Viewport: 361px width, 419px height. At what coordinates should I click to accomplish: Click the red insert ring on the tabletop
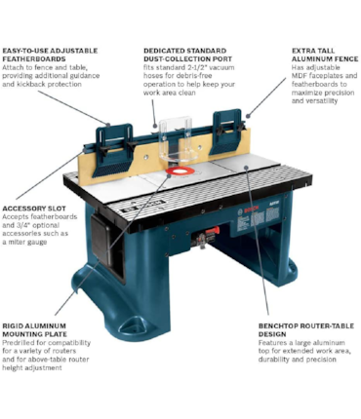point(180,171)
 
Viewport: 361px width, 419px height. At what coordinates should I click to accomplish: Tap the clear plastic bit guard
point(178,139)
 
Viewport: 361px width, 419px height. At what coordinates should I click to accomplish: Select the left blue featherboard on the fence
point(115,150)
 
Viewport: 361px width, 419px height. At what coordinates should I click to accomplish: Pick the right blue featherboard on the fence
point(226,132)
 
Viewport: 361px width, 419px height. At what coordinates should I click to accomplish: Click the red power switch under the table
point(212,232)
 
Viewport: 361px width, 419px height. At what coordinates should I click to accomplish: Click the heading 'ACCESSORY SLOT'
point(34,209)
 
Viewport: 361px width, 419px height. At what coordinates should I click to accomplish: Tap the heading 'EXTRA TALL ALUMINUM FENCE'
point(325,55)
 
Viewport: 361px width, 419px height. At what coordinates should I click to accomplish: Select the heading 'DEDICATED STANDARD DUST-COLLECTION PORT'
point(187,55)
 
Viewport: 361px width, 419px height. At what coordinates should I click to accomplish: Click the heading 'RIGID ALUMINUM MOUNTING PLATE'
point(34,330)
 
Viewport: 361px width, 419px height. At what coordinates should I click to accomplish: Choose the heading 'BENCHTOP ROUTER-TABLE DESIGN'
point(306,330)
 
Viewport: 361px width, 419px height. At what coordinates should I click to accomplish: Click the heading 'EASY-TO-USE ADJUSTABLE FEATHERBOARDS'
point(50,55)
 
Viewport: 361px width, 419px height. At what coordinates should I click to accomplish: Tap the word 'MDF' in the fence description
point(300,76)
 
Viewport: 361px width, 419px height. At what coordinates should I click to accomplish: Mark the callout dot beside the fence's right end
point(248,116)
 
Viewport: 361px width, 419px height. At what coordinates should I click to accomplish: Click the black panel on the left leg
point(101,239)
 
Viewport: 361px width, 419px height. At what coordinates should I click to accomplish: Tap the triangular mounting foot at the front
point(133,324)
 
